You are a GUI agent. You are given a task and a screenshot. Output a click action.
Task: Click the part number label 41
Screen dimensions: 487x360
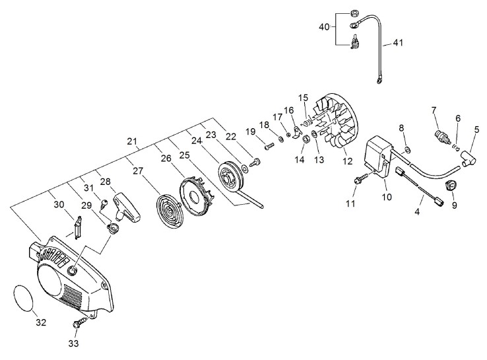pyautogui.click(x=398, y=42)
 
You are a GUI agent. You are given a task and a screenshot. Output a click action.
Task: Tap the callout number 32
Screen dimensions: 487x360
pyautogui.click(x=41, y=323)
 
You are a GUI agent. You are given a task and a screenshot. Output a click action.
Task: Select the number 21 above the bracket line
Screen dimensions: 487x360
pyautogui.click(x=132, y=141)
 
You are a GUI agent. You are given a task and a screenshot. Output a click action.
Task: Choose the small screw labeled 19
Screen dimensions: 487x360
pyautogui.click(x=269, y=146)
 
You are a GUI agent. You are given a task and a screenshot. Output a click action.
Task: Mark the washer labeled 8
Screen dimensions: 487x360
pyautogui.click(x=407, y=151)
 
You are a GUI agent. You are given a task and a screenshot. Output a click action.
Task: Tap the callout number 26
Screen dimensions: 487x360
pyautogui.click(x=166, y=159)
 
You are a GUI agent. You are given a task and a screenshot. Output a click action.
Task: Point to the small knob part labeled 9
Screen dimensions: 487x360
pyautogui.click(x=450, y=186)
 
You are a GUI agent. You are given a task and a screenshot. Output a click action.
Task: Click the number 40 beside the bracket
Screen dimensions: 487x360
pyautogui.click(x=324, y=27)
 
